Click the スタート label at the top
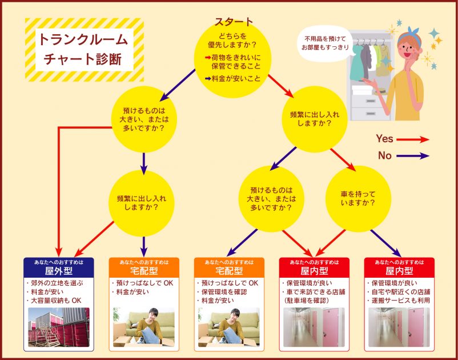click(233, 22)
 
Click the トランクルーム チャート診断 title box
click(84, 50)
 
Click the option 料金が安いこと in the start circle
click(236, 78)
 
